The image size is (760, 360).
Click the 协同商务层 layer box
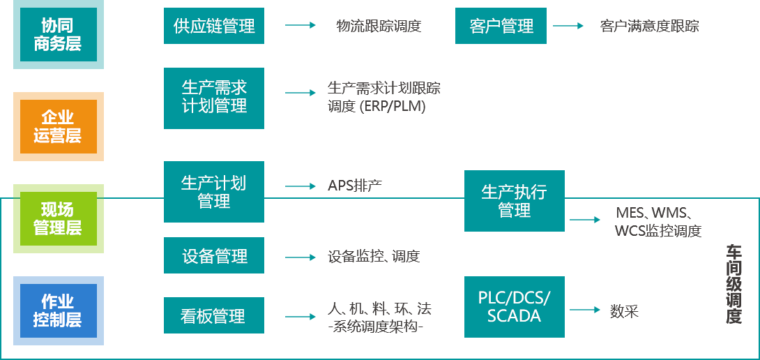(x=59, y=34)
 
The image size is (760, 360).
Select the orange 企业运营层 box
(x=59, y=126)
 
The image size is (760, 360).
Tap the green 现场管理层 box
(x=59, y=218)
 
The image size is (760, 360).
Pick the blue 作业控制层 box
(x=59, y=310)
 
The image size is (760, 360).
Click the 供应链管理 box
(x=214, y=26)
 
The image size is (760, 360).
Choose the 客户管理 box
(x=501, y=26)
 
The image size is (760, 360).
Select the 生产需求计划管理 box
(x=214, y=97)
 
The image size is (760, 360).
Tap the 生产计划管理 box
(x=214, y=192)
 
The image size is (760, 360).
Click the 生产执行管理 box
(x=515, y=201)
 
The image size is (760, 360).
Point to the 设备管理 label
(x=214, y=256)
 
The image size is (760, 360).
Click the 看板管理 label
(x=213, y=316)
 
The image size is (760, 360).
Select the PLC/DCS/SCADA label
(x=514, y=307)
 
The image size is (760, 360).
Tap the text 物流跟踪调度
(x=379, y=27)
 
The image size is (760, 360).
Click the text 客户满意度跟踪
(x=649, y=27)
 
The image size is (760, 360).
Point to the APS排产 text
(x=354, y=186)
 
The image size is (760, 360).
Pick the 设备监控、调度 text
(x=374, y=256)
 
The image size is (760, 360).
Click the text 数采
(x=624, y=311)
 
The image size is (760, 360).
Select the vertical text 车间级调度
(x=734, y=285)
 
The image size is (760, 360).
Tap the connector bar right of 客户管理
(x=568, y=26)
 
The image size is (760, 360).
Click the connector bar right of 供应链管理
(x=300, y=26)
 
